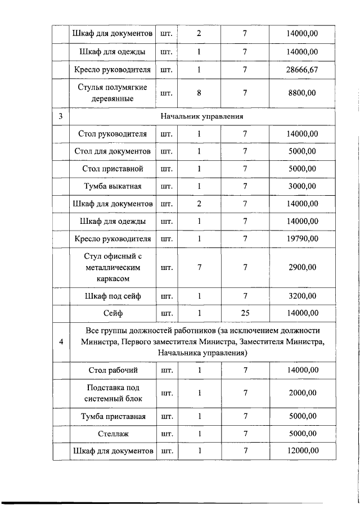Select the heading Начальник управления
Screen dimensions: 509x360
tap(201, 116)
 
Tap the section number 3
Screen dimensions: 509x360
tap(61, 116)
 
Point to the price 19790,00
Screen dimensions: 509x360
tap(302, 239)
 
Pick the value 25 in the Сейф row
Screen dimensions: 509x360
tap(245, 313)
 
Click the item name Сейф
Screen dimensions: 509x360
tap(112, 313)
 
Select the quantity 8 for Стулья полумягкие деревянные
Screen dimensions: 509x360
tap(199, 93)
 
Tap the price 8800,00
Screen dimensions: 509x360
tap(302, 93)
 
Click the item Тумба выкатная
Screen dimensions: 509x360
tap(112, 186)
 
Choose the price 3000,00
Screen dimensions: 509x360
tap(302, 186)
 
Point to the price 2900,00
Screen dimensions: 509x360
tap(302, 267)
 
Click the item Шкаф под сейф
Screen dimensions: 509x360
tap(112, 296)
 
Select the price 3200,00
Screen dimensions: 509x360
tap(302, 296)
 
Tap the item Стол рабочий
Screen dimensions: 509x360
tap(112, 370)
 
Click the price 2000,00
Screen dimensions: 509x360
tap(302, 393)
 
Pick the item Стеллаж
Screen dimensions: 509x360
tap(112, 434)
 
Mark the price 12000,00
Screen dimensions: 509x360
tap(302, 451)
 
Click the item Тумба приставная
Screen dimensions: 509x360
tap(112, 417)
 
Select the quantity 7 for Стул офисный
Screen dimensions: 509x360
tap(199, 267)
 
